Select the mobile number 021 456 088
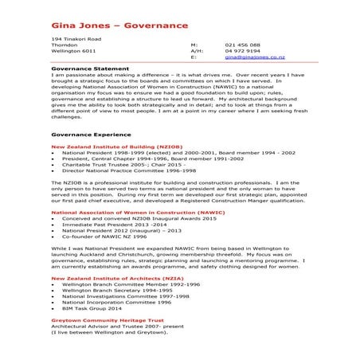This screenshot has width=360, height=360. tap(242, 45)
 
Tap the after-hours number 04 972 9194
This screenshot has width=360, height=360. tap(243, 52)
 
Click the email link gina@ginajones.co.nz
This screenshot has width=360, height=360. tap(255, 58)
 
